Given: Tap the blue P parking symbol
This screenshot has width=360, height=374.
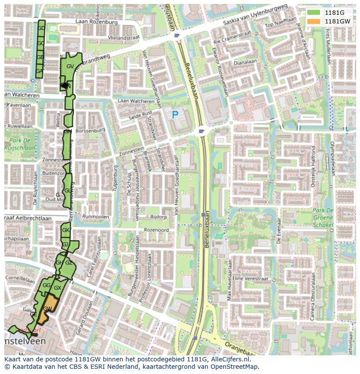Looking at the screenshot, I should (x=175, y=115).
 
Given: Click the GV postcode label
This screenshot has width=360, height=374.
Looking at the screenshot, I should (x=70, y=66).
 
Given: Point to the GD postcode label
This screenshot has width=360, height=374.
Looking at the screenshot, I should (x=41, y=28).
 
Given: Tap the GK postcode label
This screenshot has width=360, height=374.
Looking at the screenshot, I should (x=66, y=230).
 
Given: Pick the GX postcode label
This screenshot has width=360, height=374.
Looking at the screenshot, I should (x=58, y=288).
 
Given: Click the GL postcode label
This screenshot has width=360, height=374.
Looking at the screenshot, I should (x=67, y=191).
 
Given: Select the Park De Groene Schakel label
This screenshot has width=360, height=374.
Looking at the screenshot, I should (x=323, y=218).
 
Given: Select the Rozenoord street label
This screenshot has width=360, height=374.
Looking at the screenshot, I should (x=156, y=230).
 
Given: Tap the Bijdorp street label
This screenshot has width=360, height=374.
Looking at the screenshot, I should (x=158, y=216).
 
